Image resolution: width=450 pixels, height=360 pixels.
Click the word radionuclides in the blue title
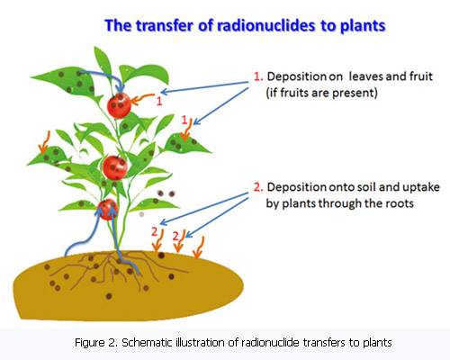pyautogui.click(x=265, y=25)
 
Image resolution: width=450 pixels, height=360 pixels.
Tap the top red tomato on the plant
pyautogui.click(x=119, y=105)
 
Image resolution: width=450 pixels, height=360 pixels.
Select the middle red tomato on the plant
pyautogui.click(x=115, y=167)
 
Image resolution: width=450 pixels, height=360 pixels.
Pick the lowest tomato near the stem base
pyautogui.click(x=107, y=209)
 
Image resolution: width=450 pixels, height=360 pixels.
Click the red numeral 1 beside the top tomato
pyautogui.click(x=159, y=101)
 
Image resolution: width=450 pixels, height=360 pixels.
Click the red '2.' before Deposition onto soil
pyautogui.click(x=258, y=187)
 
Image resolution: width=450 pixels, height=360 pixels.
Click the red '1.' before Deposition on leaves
pyautogui.click(x=258, y=76)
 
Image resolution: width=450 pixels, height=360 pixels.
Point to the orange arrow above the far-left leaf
pyautogui.click(x=44, y=141)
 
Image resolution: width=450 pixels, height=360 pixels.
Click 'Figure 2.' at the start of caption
pyautogui.click(x=95, y=342)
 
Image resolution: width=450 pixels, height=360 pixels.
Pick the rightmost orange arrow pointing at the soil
pyautogui.click(x=198, y=247)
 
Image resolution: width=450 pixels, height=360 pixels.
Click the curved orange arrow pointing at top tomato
pyautogui.click(x=143, y=99)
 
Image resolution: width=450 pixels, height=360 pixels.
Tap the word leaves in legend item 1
pyautogui.click(x=365, y=76)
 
